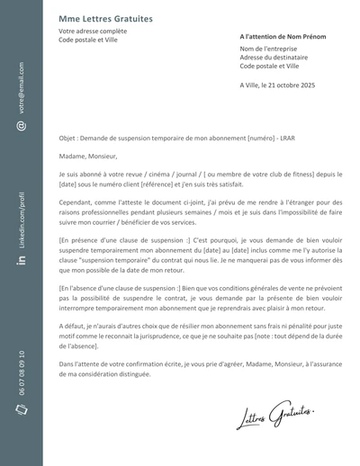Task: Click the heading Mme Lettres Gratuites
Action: (105, 18)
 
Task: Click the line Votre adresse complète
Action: (93, 31)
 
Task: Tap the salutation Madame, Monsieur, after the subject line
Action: (88, 157)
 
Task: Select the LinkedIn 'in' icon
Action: (20, 260)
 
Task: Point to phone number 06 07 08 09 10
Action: (20, 372)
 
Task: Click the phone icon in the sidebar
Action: (20, 410)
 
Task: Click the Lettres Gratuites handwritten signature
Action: (276, 416)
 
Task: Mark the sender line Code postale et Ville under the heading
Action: (89, 40)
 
